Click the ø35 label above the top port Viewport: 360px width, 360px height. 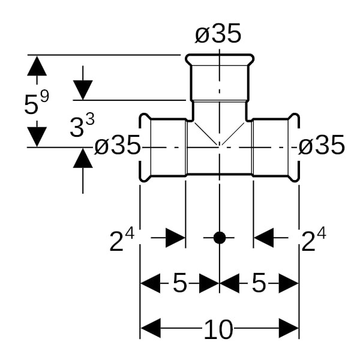pyautogui.click(x=218, y=35)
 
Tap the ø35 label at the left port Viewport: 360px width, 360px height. pyautogui.click(x=118, y=145)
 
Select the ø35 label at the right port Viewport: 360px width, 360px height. pyautogui.click(x=322, y=145)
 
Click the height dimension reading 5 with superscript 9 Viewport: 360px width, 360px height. pyautogui.click(x=35, y=103)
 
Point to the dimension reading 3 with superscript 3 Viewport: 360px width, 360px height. pyautogui.click(x=82, y=128)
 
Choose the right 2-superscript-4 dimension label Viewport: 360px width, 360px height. pyautogui.click(x=314, y=241)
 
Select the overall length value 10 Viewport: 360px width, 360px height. pyautogui.click(x=219, y=329)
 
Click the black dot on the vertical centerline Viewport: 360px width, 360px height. pyautogui.click(x=220, y=238)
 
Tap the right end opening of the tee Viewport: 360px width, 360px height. pyautogui.click(x=295, y=146)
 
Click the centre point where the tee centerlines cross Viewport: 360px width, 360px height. pyautogui.click(x=220, y=146)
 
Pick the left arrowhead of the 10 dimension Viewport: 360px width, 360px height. pyautogui.click(x=150, y=329)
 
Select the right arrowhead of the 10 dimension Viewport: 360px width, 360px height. pyautogui.click(x=289, y=329)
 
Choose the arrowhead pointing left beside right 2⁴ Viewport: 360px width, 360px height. pyautogui.click(x=263, y=238)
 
